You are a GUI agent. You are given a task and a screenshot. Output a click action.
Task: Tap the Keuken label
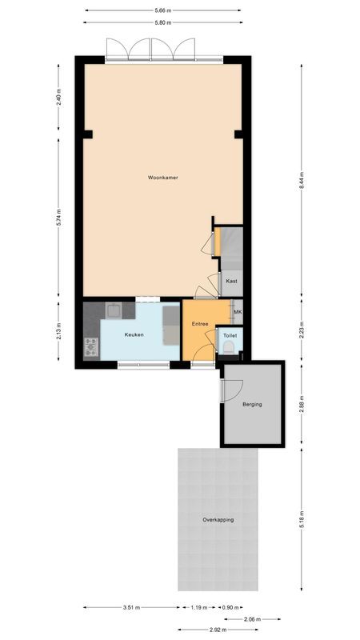coord(134,334)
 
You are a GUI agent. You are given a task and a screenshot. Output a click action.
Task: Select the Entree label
coord(199,324)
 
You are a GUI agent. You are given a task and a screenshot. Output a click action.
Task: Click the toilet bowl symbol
coord(229,348)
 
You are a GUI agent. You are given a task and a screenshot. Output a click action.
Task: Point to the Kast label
coord(231,282)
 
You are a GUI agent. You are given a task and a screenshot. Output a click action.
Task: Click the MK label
coord(238,312)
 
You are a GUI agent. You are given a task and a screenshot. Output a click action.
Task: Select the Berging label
coord(252,405)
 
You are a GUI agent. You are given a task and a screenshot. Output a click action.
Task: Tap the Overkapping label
coord(218,520)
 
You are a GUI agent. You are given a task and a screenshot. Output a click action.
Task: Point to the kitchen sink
coord(114,310)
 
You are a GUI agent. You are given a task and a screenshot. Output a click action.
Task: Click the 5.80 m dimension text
coord(163,23)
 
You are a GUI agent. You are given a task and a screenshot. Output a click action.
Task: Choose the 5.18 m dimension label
coord(302,519)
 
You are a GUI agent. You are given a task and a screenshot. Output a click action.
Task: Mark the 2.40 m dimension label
coord(58,98)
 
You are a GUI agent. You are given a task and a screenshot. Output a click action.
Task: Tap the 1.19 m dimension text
coord(198,608)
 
